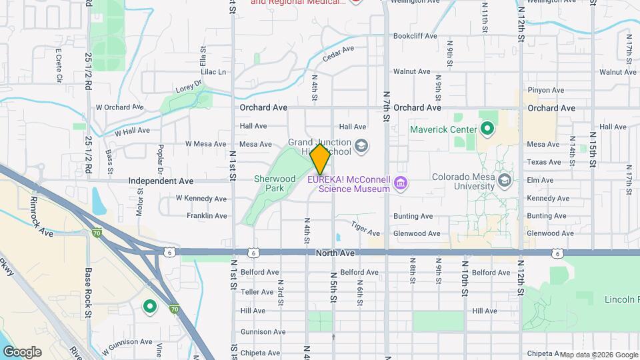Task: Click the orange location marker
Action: click(321, 159)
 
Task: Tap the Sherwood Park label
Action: click(275, 184)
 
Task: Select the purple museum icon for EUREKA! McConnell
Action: click(401, 183)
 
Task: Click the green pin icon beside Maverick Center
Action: click(487, 129)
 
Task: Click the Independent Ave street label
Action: click(161, 181)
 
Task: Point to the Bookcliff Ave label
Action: click(415, 36)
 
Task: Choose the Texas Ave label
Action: click(543, 162)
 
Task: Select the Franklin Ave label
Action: click(207, 216)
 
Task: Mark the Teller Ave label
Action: click(257, 292)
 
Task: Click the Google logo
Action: click(21, 352)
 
